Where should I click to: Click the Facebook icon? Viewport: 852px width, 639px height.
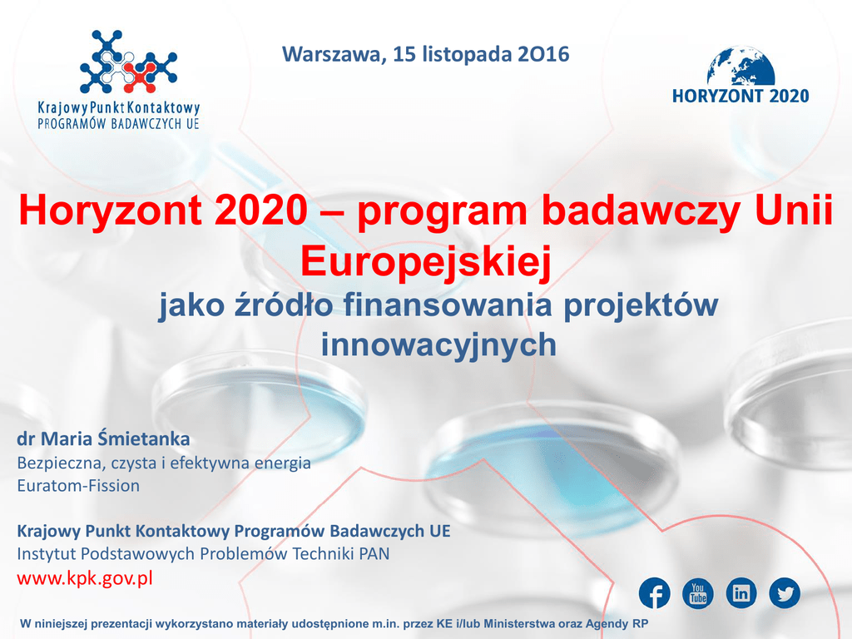point(654,592)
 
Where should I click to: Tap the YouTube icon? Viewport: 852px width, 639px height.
point(698,592)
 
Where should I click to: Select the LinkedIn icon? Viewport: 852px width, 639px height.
point(741,592)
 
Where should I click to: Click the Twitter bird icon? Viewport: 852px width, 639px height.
point(785,592)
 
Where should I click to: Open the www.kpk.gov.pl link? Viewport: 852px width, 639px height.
point(85,578)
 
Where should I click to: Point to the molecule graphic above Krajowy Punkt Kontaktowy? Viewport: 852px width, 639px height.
point(128,62)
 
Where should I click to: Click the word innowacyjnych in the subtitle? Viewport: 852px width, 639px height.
point(438,344)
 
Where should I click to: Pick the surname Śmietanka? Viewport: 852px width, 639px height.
point(144,438)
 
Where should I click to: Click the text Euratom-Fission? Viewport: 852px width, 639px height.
point(78,485)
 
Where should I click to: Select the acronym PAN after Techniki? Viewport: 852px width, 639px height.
point(374,553)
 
